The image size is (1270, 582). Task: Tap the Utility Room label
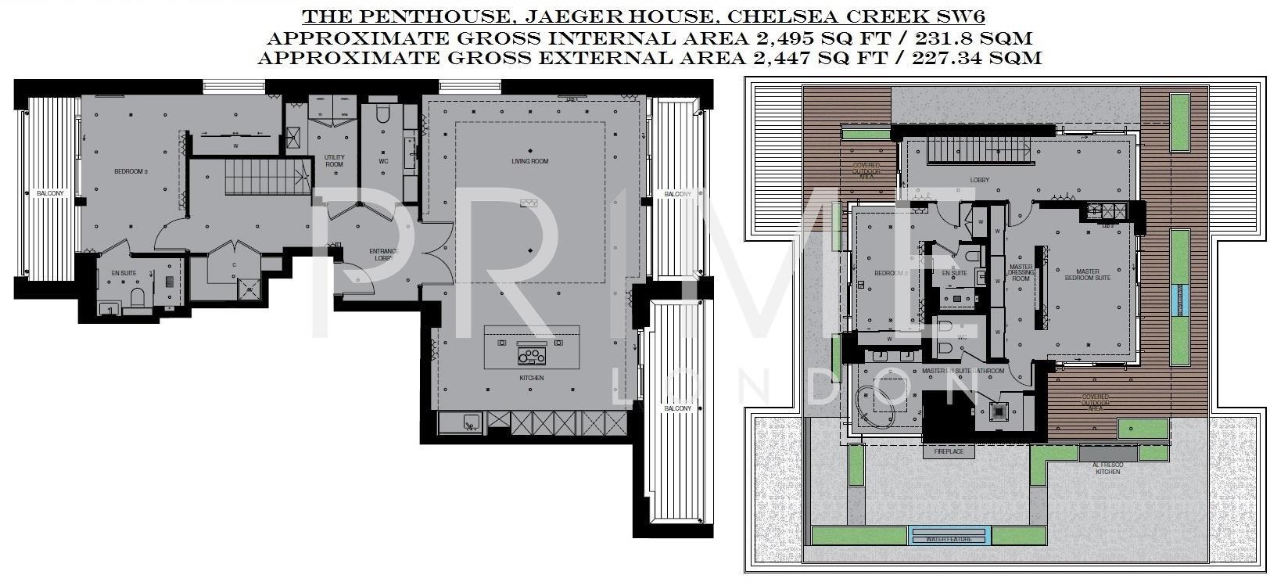coord(334,161)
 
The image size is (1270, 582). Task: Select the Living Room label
coord(530,161)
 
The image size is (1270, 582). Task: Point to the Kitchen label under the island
coord(531,378)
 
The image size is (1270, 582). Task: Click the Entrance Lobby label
coord(384,254)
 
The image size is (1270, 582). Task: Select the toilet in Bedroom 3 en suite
coord(138,297)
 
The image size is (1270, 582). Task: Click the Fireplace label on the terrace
coord(938,452)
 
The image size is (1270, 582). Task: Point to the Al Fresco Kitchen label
coord(1107,468)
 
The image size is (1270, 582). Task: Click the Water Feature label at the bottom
coord(950,538)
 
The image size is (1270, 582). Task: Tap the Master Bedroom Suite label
coord(1087,275)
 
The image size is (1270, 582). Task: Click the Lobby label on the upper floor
coord(979,180)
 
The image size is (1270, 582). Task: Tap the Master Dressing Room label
coord(1021,272)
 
